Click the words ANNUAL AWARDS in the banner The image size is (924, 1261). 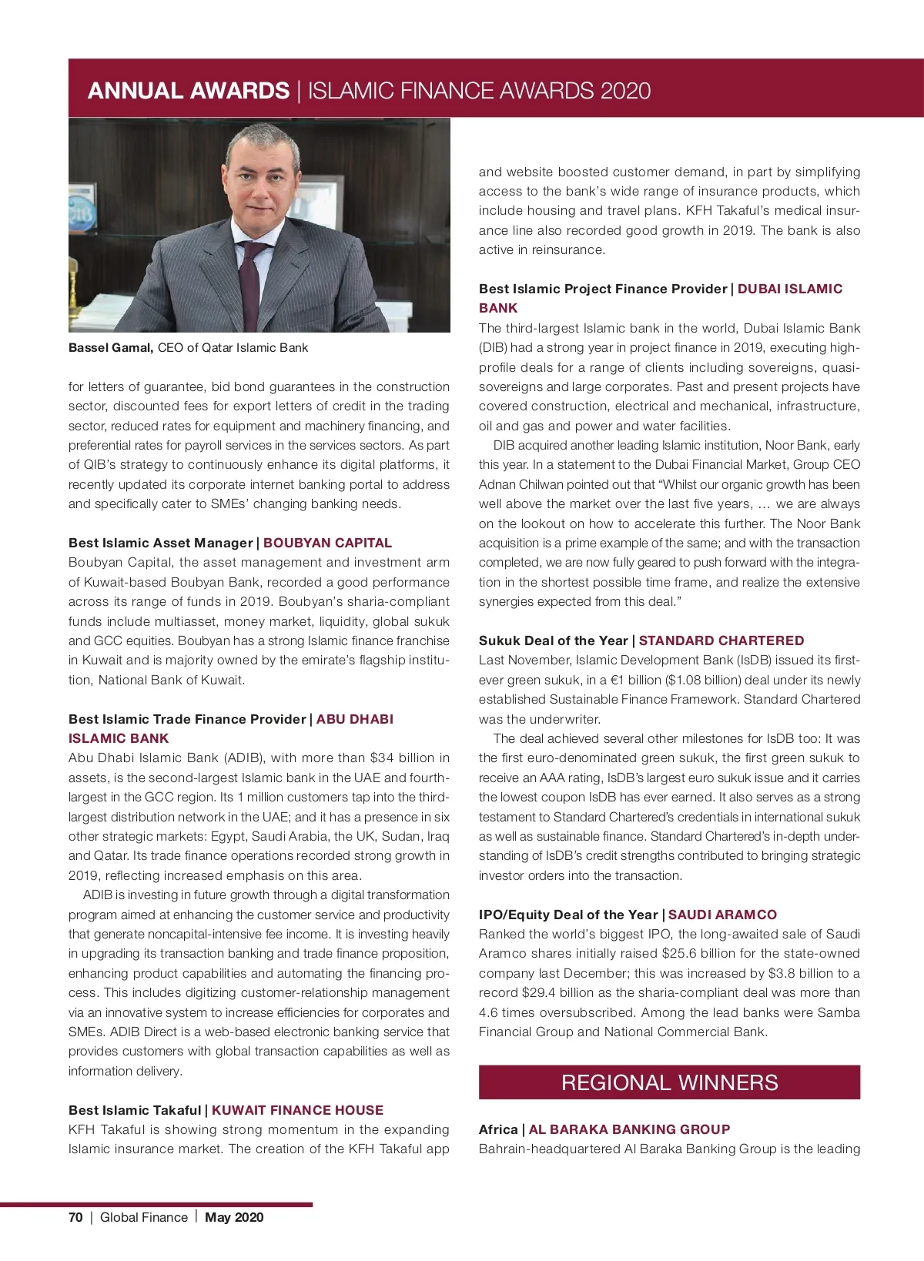(x=189, y=91)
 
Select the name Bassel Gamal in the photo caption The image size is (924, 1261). (x=111, y=348)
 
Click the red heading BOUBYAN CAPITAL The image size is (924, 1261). (x=327, y=543)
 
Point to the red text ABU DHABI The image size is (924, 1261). (x=354, y=719)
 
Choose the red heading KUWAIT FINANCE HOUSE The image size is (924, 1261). (x=297, y=1110)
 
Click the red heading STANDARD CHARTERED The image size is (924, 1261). (x=721, y=641)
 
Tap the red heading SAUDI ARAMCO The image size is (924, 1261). (x=722, y=915)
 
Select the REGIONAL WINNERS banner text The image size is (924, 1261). (x=669, y=1082)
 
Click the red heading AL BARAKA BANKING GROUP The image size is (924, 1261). (x=629, y=1129)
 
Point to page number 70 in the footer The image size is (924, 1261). (x=75, y=1217)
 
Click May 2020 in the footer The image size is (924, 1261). (x=234, y=1217)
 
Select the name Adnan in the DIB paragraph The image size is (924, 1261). (x=497, y=484)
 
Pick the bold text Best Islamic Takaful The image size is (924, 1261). (x=135, y=1110)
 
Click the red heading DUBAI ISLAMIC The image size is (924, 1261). (x=790, y=289)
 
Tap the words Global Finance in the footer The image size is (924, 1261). (x=144, y=1217)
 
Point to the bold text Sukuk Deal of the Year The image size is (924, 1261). (x=553, y=641)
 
